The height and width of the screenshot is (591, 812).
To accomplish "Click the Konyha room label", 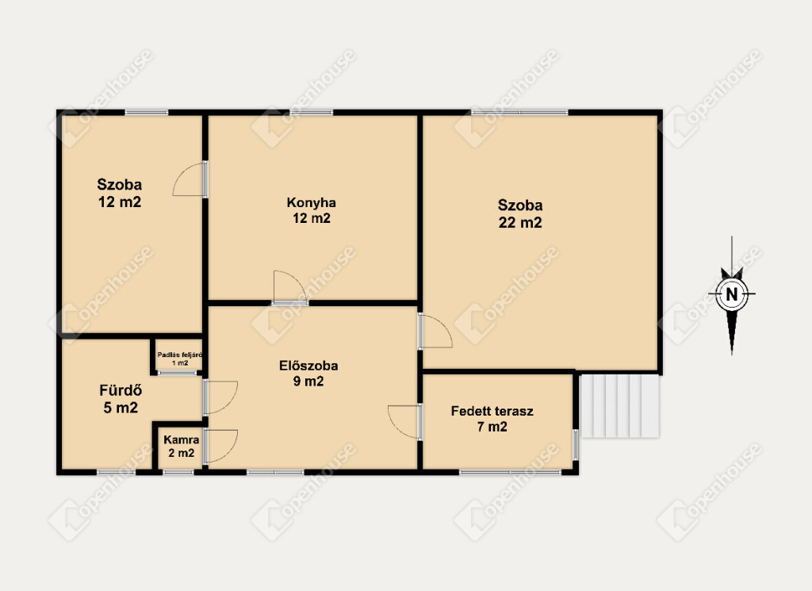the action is point(311,202).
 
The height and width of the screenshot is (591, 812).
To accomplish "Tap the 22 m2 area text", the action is point(520,223).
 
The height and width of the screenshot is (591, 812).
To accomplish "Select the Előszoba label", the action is point(308,366).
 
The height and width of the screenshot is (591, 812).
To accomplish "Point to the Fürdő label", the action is point(121,390).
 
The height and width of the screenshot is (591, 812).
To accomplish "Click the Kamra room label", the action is point(182,439).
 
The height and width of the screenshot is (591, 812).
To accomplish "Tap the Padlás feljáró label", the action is point(180,355).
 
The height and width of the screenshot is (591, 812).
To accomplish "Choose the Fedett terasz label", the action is point(492,411).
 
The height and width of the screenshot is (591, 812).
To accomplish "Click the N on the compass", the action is point(732,294).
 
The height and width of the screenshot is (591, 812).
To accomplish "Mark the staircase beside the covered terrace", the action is point(619,406).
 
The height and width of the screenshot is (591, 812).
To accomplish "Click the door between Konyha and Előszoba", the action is point(290,288).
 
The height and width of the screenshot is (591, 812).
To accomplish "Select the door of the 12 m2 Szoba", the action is point(190,178).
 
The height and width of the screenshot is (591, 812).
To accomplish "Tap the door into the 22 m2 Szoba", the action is point(435,331).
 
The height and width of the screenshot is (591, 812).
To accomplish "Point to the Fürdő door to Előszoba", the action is point(220,397).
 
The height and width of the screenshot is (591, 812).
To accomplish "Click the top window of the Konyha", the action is point(311,112).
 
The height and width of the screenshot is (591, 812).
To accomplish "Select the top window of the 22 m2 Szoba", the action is point(519,112).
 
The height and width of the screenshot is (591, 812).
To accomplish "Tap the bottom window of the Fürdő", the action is point(116,472).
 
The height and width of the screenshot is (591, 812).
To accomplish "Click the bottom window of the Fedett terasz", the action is point(510,472).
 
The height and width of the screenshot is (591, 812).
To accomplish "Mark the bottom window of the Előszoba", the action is point(275,472).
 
